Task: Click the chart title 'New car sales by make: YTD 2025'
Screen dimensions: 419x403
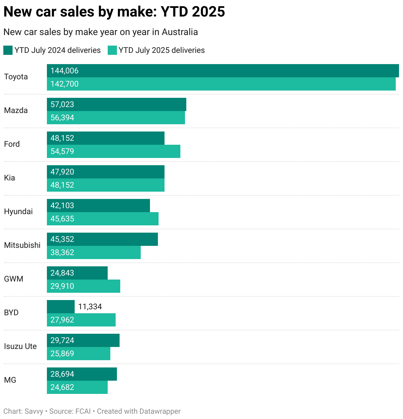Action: pyautogui.click(x=114, y=12)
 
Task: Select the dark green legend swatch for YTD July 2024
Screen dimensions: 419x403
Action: pyautogui.click(x=8, y=50)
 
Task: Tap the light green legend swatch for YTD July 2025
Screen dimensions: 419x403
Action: pyautogui.click(x=112, y=50)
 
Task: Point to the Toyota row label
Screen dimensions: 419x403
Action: pyautogui.click(x=16, y=77)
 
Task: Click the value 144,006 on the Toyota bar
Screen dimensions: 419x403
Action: pyautogui.click(x=64, y=71)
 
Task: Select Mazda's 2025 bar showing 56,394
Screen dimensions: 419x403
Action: pyautogui.click(x=116, y=118)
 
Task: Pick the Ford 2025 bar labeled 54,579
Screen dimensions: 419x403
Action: pyautogui.click(x=113, y=151)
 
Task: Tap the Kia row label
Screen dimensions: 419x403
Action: pyautogui.click(x=10, y=178)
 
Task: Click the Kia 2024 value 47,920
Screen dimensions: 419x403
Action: pyautogui.click(x=62, y=172)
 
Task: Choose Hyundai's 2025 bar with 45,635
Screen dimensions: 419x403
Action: pyautogui.click(x=102, y=219)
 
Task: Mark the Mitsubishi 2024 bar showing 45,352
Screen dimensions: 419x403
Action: pyautogui.click(x=102, y=239)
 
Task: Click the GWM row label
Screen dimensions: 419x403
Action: pyautogui.click(x=14, y=279)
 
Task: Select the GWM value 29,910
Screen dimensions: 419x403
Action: pyautogui.click(x=62, y=286)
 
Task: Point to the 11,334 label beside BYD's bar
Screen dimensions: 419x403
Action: pyautogui.click(x=90, y=307)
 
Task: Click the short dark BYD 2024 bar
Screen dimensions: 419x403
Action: pyautogui.click(x=61, y=307)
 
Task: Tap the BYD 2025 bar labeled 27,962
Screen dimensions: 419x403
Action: pyautogui.click(x=81, y=320)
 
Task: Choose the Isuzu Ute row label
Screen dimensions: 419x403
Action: pyautogui.click(x=20, y=346)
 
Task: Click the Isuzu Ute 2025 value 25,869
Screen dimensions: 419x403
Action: pyautogui.click(x=62, y=354)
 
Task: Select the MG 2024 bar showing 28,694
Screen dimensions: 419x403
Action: pyautogui.click(x=82, y=374)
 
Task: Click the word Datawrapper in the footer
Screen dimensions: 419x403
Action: pyautogui.click(x=160, y=411)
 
